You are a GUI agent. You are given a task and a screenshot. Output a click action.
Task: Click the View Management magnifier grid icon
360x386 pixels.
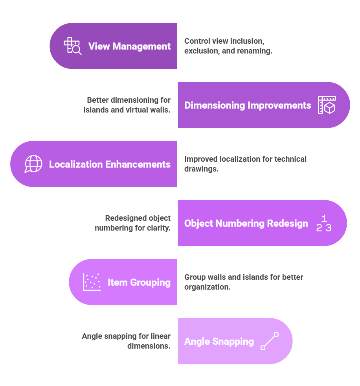click(73, 46)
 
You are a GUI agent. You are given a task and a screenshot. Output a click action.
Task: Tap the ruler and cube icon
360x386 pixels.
click(327, 105)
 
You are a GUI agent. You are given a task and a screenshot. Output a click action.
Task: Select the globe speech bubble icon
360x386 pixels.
click(33, 164)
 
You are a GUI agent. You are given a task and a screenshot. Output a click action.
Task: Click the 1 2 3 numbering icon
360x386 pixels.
click(323, 223)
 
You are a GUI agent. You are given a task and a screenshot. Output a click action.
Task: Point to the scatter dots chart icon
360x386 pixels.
click(92, 282)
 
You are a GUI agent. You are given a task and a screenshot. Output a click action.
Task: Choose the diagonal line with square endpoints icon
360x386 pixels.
click(270, 341)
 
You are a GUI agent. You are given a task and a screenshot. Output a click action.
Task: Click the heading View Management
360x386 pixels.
click(129, 46)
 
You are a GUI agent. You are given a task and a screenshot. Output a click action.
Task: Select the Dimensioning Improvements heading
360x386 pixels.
click(248, 105)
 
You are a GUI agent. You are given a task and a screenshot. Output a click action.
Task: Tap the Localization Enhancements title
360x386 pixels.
click(110, 164)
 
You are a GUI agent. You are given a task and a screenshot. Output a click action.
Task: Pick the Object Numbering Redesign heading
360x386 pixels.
click(246, 223)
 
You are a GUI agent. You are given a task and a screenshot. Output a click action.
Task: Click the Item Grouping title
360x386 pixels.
click(139, 283)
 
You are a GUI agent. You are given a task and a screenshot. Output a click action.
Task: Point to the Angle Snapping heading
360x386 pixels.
click(219, 342)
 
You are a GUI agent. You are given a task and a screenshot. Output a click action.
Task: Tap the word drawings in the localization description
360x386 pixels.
click(201, 169)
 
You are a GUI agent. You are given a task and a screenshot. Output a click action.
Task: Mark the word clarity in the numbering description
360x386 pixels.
click(159, 228)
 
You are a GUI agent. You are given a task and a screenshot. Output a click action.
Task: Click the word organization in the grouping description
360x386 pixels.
click(207, 287)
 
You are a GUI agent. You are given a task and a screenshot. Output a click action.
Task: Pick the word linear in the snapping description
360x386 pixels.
click(161, 336)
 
